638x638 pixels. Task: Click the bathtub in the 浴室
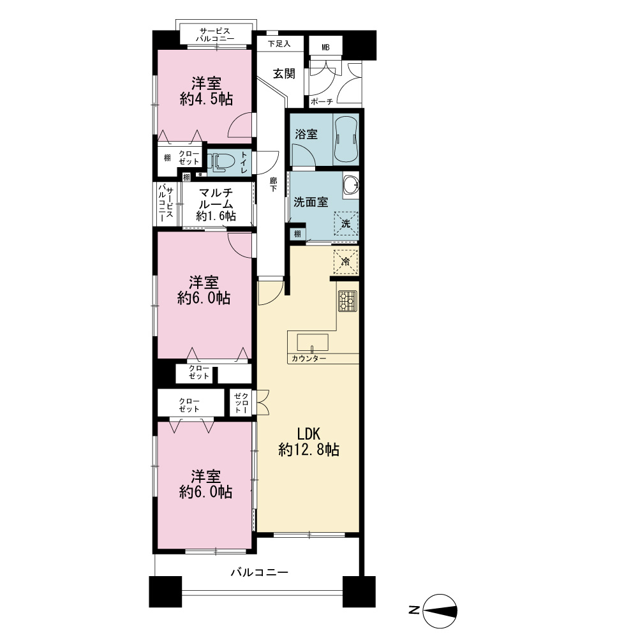coord(346,140)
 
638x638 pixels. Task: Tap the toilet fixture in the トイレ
coord(221,162)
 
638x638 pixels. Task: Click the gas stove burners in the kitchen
coord(348,301)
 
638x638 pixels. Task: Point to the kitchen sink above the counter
coord(313,343)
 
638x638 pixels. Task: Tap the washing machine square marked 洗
coord(346,223)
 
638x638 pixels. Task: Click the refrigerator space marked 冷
coord(346,262)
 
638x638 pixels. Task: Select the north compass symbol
coord(440,611)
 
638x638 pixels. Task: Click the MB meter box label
coord(325,48)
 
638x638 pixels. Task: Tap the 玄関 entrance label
coord(284,73)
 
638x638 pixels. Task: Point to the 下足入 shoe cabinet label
coord(279,43)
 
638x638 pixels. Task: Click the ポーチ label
coord(322,101)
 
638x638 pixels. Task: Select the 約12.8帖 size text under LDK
coord(309,450)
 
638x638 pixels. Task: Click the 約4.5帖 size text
coord(206,99)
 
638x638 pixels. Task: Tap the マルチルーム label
coord(216,198)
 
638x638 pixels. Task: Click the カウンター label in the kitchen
coord(309,359)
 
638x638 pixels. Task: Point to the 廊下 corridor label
coord(274,184)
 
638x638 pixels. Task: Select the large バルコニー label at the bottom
coord(260,572)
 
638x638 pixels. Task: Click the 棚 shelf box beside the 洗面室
coord(297,234)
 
